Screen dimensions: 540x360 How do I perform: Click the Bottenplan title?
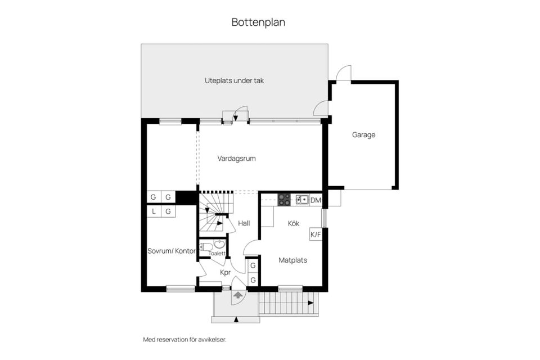coord(258,22)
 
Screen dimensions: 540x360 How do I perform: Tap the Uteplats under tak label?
coord(234,80)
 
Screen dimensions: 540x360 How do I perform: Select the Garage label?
coord(363,135)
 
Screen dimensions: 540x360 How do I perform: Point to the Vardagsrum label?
coord(236,159)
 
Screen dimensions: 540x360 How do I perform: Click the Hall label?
coord(244,223)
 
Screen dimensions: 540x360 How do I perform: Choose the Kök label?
coord(294,223)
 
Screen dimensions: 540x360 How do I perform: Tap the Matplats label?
coord(292,260)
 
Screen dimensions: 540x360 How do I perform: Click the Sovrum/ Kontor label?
coord(172,251)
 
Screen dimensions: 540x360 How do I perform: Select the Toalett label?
coord(217,254)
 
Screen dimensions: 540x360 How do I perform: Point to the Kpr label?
coord(225,272)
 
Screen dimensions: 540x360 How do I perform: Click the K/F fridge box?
coord(316,234)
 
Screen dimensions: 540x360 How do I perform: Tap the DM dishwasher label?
coord(316,200)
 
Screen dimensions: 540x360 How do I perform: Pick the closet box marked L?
coord(154,211)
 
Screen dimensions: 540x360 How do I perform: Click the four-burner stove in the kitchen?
coord(284,200)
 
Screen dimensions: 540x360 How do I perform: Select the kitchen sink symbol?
coord(302,200)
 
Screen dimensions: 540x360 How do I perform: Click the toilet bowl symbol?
coord(206,247)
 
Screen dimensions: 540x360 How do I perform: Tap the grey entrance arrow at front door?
coord(237,295)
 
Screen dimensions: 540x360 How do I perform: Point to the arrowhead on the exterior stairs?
coord(310,303)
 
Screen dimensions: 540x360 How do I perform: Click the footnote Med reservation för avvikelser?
coord(184,340)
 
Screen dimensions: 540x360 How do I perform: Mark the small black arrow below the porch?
coord(236,319)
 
